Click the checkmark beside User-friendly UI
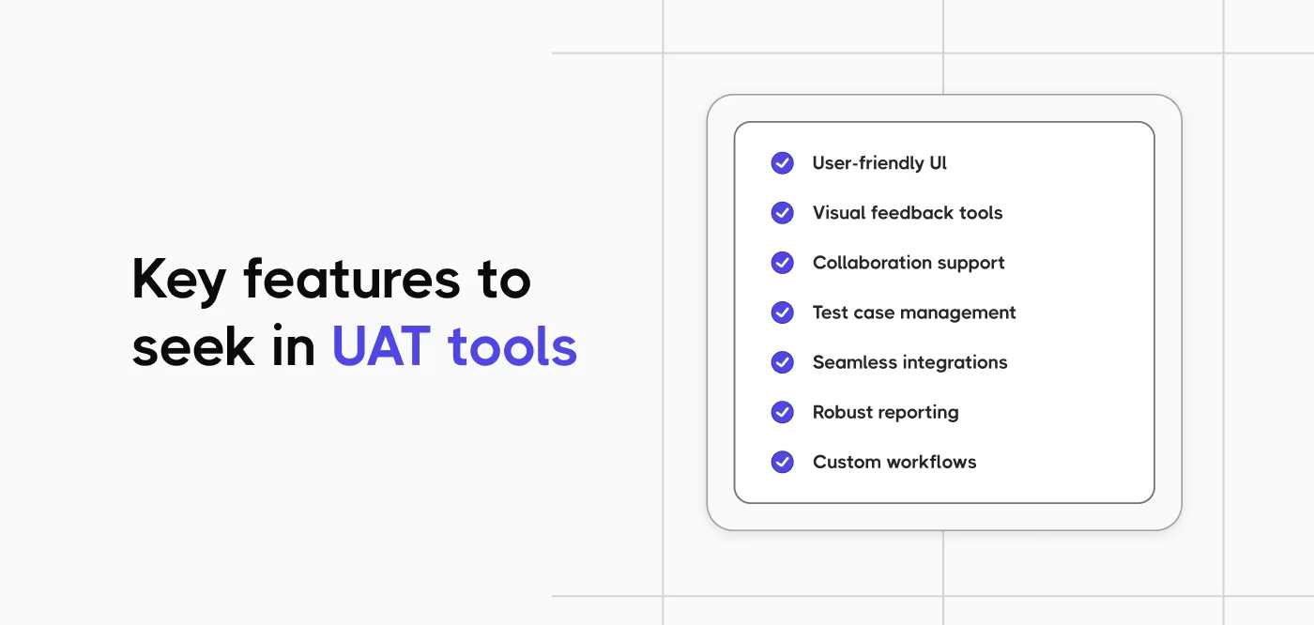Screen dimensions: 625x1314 pyautogui.click(x=782, y=163)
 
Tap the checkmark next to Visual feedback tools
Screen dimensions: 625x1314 pyautogui.click(x=782, y=213)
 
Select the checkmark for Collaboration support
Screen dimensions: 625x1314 pyautogui.click(x=782, y=263)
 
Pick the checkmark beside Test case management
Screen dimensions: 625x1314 pyautogui.click(x=782, y=312)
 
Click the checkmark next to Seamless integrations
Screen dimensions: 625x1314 pyautogui.click(x=782, y=362)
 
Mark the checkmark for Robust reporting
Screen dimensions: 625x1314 pyautogui.click(x=782, y=412)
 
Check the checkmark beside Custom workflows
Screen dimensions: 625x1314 pyautogui.click(x=782, y=462)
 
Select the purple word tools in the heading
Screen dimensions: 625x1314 pyautogui.click(x=512, y=347)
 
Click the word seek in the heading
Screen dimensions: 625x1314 pyautogui.click(x=193, y=347)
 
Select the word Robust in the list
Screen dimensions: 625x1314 pyautogui.click(x=842, y=412)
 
